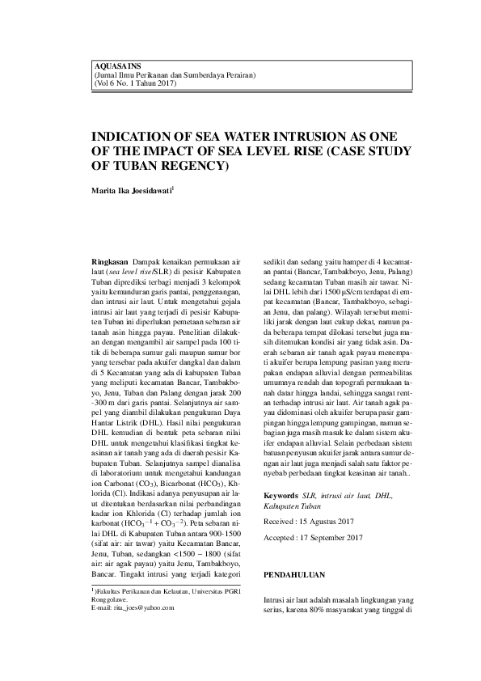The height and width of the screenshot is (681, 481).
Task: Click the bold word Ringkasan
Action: pyautogui.click(x=113, y=263)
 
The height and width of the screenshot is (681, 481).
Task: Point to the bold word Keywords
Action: pyautogui.click(x=282, y=494)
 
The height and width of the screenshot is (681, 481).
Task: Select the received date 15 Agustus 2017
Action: pyautogui.click(x=334, y=522)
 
